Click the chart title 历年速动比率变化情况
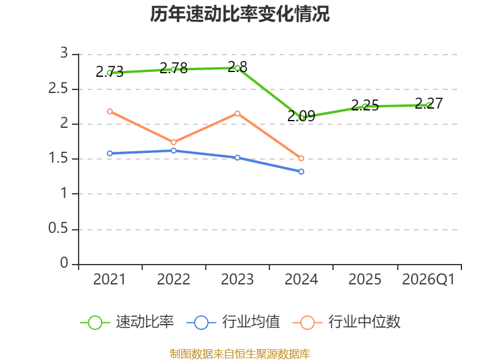point(239,14)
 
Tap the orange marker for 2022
point(173,142)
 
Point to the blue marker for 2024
point(301,172)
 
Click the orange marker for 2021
point(110,112)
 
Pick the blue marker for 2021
point(110,154)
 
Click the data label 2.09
point(301,116)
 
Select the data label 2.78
point(173,68)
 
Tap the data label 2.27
point(429,103)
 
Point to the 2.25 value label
point(365,106)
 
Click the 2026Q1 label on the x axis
point(428,280)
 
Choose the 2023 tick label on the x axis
point(237,280)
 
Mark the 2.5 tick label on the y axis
point(58,89)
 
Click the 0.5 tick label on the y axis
point(58,229)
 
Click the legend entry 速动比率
point(127,322)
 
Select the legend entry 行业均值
point(233,322)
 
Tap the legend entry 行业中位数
point(347,322)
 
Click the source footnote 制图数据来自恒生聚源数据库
point(239,353)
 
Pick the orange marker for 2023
point(237,113)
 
